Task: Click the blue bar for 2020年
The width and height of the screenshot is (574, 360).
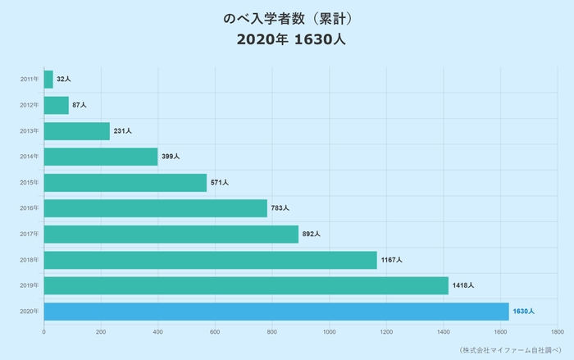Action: click(276, 312)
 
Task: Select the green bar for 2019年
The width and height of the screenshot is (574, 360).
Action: click(246, 285)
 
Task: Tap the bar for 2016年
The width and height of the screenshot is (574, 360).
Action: click(155, 208)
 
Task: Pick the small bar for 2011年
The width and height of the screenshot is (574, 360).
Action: click(48, 80)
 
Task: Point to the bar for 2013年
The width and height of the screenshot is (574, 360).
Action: click(76, 131)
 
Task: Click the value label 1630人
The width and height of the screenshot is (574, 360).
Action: click(523, 312)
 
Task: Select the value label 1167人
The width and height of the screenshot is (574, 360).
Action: click(392, 260)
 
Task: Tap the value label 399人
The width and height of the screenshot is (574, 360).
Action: click(171, 157)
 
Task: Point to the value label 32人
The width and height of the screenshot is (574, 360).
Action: click(64, 80)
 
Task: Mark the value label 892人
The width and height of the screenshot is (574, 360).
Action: click(311, 235)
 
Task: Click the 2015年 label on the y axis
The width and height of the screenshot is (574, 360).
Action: click(29, 183)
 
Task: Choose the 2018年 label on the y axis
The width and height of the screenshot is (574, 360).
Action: click(29, 260)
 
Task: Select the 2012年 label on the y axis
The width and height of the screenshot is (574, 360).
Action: click(29, 106)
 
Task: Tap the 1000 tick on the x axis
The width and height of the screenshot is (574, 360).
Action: click(329, 332)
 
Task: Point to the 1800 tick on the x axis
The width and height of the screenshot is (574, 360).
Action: click(558, 332)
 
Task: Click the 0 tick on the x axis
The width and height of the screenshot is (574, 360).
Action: click(43, 332)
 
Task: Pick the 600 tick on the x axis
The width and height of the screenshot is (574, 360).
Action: click(215, 332)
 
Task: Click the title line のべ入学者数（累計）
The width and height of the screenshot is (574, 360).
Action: click(287, 18)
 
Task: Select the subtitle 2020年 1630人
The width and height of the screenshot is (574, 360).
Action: click(287, 39)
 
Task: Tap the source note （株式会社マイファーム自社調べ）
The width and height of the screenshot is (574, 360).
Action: click(508, 350)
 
